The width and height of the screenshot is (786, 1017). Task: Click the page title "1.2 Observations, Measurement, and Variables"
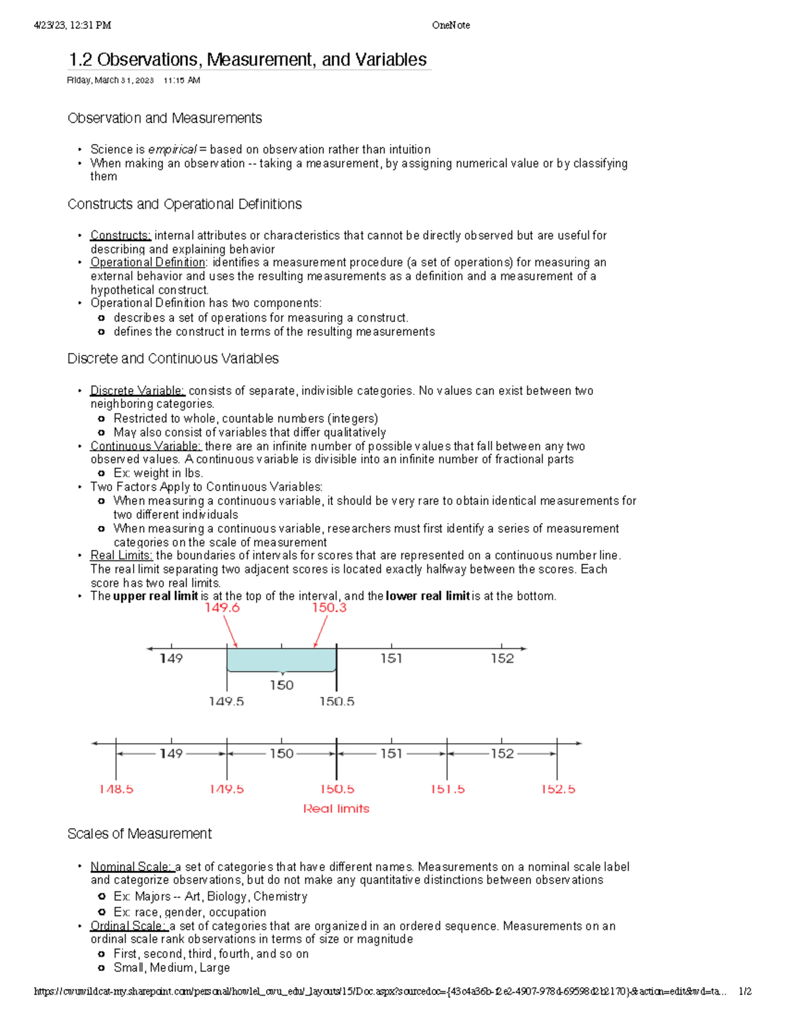(248, 60)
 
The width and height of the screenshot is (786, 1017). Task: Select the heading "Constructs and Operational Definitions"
(184, 204)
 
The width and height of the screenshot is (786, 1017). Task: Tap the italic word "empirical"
(172, 149)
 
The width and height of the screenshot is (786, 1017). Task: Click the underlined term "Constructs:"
(121, 235)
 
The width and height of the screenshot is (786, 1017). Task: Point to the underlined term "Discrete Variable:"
(138, 391)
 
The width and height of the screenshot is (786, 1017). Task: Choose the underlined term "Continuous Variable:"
(145, 446)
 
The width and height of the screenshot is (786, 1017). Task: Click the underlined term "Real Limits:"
(121, 555)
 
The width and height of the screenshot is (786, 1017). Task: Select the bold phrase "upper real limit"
(155, 596)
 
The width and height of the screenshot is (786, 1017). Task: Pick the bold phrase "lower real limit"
(428, 596)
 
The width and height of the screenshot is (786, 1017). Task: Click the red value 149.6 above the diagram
(222, 608)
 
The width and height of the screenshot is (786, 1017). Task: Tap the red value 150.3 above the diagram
(329, 608)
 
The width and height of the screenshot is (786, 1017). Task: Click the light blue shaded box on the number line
(281, 659)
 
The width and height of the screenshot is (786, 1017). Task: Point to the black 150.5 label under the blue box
(337, 701)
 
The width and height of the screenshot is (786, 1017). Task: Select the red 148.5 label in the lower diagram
(116, 789)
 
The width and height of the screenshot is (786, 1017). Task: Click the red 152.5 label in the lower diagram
(557, 789)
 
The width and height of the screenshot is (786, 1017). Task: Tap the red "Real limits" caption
(336, 809)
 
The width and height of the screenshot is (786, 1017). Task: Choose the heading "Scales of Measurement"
(140, 834)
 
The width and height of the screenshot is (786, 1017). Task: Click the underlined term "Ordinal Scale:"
(128, 926)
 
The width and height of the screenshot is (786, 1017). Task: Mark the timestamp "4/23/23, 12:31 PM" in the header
(73, 26)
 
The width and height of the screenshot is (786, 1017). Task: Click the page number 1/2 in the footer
(745, 991)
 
